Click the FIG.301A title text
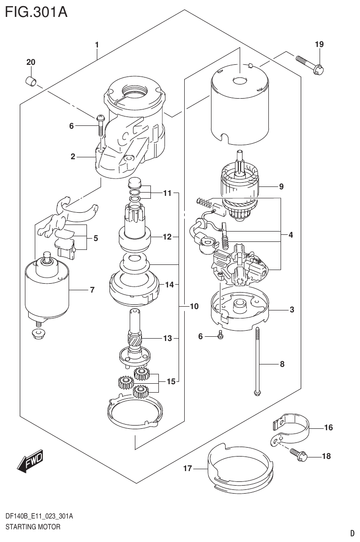point(36,11)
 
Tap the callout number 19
point(319,45)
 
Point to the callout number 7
point(92,290)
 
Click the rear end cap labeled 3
point(243,310)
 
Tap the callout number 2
point(73,157)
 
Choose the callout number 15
point(170,381)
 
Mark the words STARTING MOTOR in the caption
point(32,527)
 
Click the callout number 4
point(291,235)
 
